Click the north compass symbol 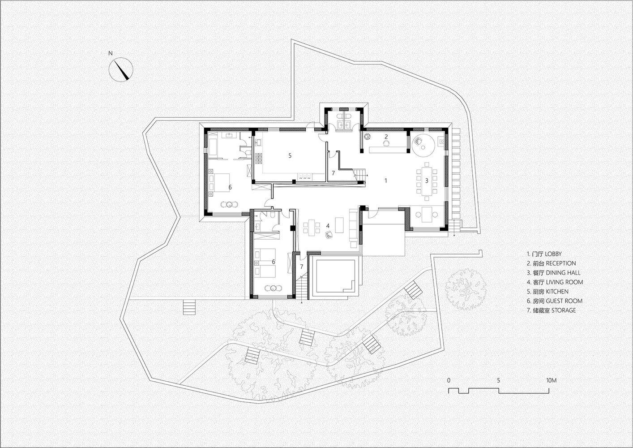[x=121, y=70]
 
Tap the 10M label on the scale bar [x=551, y=380]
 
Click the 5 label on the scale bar [x=498, y=380]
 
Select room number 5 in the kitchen [x=290, y=155]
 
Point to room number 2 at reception [x=386, y=136]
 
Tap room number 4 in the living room [x=328, y=225]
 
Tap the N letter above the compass [x=111, y=53]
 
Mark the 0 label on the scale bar [x=449, y=380]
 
